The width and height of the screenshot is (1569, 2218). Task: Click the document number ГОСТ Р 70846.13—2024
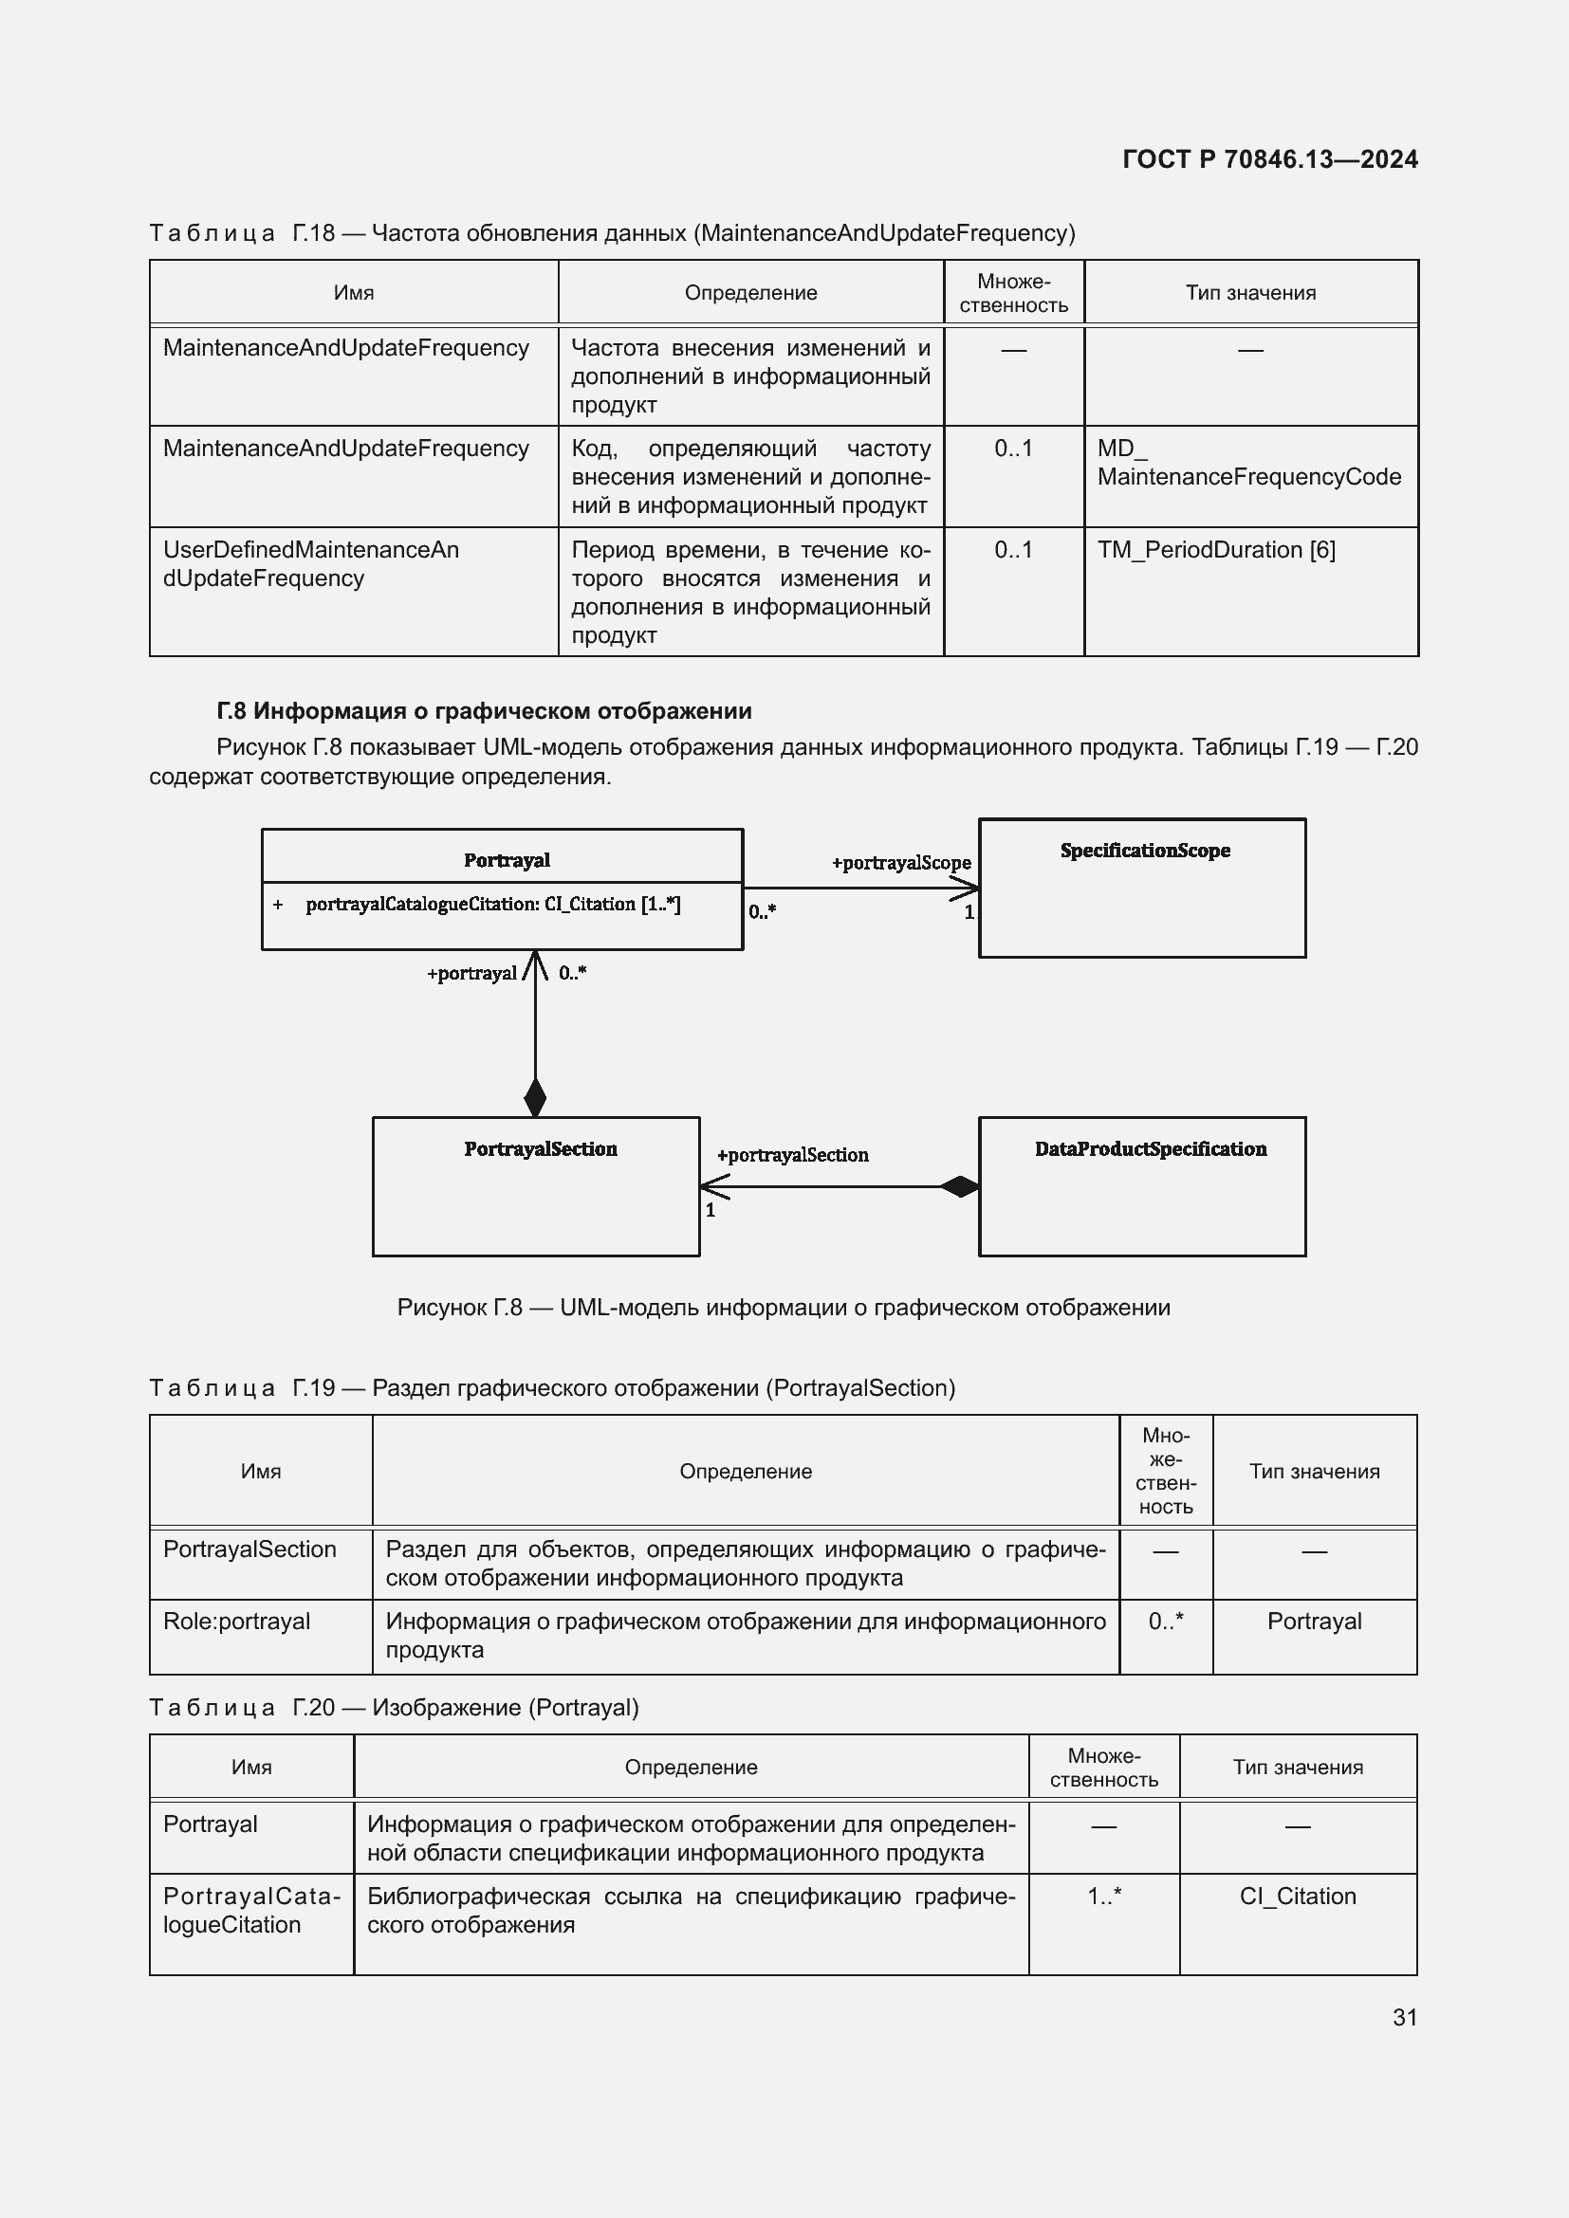(x=1269, y=159)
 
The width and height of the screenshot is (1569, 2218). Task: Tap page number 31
(x=1405, y=2016)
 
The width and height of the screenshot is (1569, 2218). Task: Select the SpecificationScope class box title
(x=1145, y=850)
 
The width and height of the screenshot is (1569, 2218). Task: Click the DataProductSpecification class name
(x=1150, y=1148)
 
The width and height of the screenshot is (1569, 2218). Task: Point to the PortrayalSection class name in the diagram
(x=540, y=1148)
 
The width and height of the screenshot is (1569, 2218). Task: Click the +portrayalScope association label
(x=900, y=863)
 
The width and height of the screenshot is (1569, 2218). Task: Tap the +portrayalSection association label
(x=792, y=1154)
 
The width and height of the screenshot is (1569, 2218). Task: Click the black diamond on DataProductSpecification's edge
(x=959, y=1186)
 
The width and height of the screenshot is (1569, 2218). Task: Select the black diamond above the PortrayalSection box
(x=535, y=1097)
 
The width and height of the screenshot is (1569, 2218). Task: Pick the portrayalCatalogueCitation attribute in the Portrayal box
(x=492, y=905)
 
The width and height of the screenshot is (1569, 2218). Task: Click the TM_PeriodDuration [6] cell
(x=1215, y=550)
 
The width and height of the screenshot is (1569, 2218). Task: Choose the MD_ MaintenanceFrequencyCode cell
(x=1248, y=463)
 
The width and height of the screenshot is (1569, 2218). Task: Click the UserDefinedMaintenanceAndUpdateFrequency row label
(x=310, y=563)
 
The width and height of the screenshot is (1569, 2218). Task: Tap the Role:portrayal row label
(x=237, y=1621)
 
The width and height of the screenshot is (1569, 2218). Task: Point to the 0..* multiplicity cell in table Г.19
(x=1165, y=1621)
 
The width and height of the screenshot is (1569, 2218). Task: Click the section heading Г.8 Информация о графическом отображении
(x=483, y=711)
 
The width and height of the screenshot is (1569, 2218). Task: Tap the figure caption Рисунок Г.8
(x=783, y=1307)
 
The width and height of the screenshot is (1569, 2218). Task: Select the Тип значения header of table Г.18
(x=1250, y=293)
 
